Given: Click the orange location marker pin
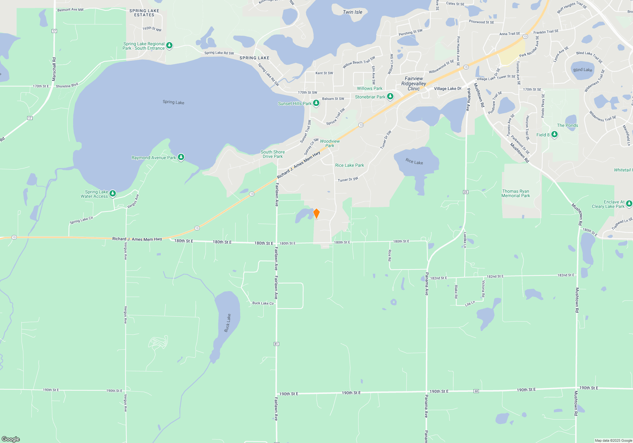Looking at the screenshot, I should pos(316,214).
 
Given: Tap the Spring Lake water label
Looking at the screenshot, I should pos(173,102).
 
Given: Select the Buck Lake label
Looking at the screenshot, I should pos(228,323).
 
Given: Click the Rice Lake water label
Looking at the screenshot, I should pos(414,161).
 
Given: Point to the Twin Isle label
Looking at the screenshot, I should pos(353,12).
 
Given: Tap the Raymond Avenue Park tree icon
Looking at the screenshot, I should pos(181,157).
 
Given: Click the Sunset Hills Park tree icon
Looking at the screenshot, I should pos(316,103).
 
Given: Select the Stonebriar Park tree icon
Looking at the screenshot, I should pos(390,97).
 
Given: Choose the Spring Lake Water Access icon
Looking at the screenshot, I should pos(113,193).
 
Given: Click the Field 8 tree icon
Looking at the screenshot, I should pos(555,134).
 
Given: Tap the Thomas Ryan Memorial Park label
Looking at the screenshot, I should pos(516,193).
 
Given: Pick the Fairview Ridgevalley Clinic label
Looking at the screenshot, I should pos(414,84).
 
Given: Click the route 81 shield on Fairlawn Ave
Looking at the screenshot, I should pos(276,344).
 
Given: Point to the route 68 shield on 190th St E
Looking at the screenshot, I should pos(476,391).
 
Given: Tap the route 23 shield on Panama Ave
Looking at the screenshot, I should pos(466,192).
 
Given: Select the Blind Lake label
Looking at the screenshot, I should pos(583,70).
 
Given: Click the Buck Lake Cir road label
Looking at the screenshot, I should pos(263,303).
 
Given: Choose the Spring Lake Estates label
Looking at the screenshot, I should pos(144,13).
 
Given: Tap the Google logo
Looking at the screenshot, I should pos(11,439).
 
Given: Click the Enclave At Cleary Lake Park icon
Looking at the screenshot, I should pos(629,203).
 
